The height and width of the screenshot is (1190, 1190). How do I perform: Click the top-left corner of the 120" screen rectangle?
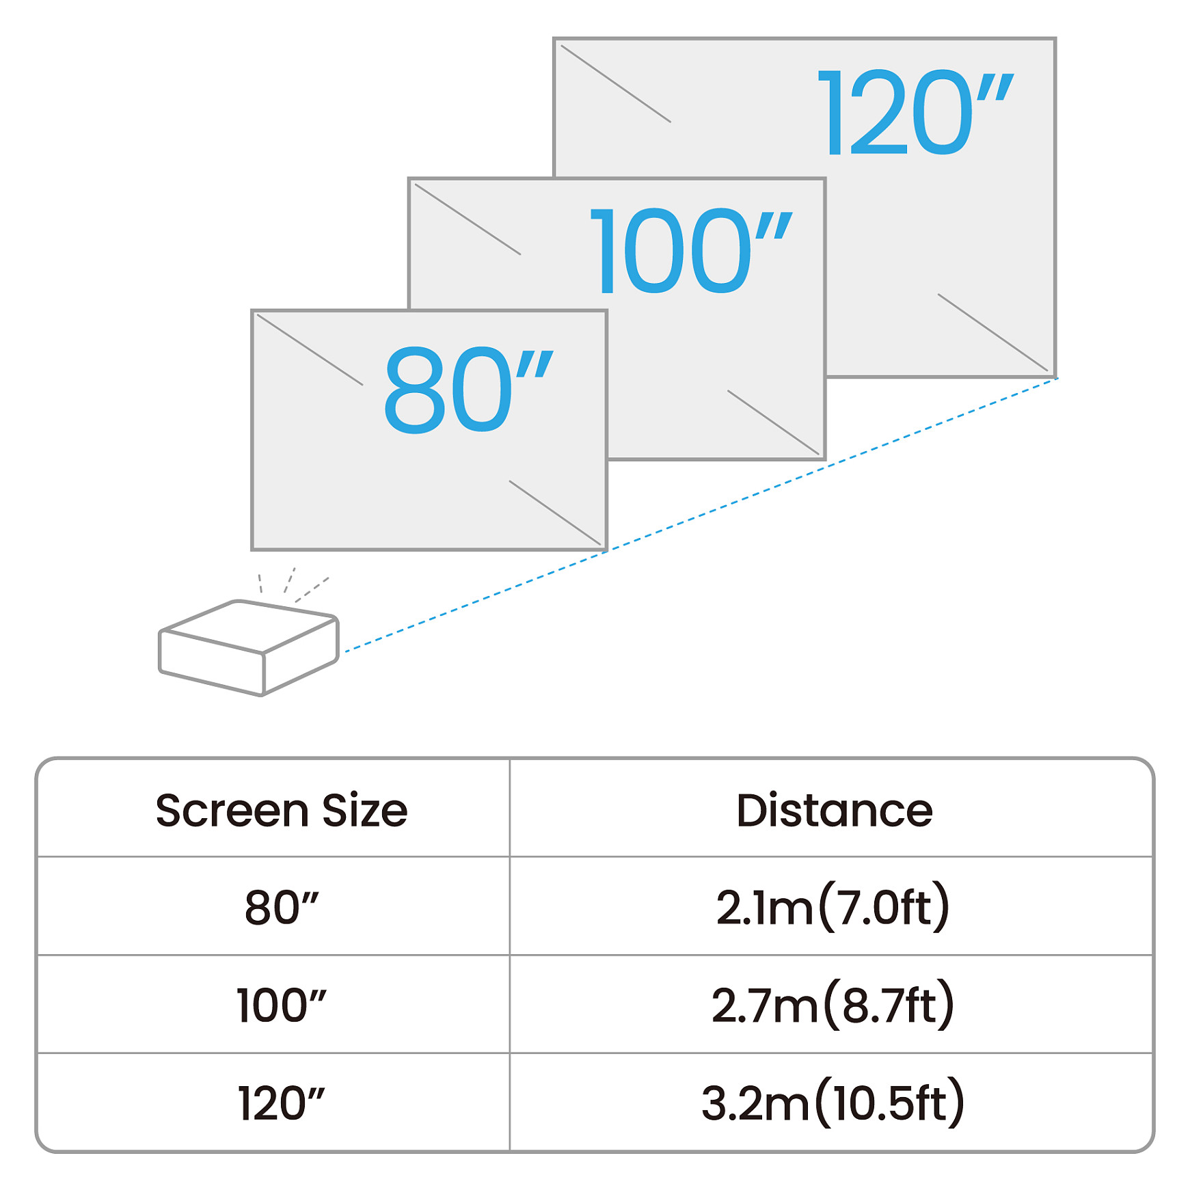[554, 39]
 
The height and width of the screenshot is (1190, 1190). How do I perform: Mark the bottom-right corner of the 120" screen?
[1055, 376]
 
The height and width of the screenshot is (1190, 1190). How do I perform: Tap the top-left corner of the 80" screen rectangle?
[253, 311]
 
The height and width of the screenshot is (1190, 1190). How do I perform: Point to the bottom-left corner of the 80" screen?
[253, 549]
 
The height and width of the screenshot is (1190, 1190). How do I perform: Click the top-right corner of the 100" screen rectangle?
[825, 179]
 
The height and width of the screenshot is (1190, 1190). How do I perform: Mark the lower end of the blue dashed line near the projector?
[345, 651]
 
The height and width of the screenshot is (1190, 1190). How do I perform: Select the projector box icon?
[249, 648]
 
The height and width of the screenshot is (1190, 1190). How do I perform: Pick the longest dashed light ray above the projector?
[312, 590]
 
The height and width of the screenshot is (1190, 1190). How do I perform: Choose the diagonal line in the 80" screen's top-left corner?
[310, 349]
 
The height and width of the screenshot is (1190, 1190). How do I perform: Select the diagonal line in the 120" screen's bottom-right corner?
[992, 332]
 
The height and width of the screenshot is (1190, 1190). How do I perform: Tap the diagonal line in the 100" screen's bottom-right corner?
[773, 422]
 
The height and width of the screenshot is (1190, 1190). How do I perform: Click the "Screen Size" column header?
[282, 811]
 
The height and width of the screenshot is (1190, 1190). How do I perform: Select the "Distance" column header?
[834, 811]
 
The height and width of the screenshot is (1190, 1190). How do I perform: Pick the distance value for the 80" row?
[833, 907]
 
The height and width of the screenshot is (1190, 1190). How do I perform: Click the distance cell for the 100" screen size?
[833, 1005]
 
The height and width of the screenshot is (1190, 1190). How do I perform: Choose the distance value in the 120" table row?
[833, 1103]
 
